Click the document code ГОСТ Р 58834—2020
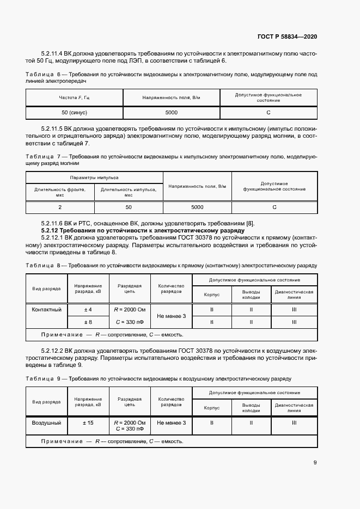[x=287, y=36]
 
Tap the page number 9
[x=315, y=463]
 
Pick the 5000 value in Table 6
[x=171, y=112]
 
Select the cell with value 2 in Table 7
[x=60, y=207]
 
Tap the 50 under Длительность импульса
[x=129, y=207]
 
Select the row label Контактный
[x=46, y=310]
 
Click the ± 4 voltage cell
[x=87, y=310]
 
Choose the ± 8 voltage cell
[x=87, y=322]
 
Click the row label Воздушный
[x=46, y=422]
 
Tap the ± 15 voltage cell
[x=87, y=422]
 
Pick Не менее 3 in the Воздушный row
[x=171, y=422]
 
